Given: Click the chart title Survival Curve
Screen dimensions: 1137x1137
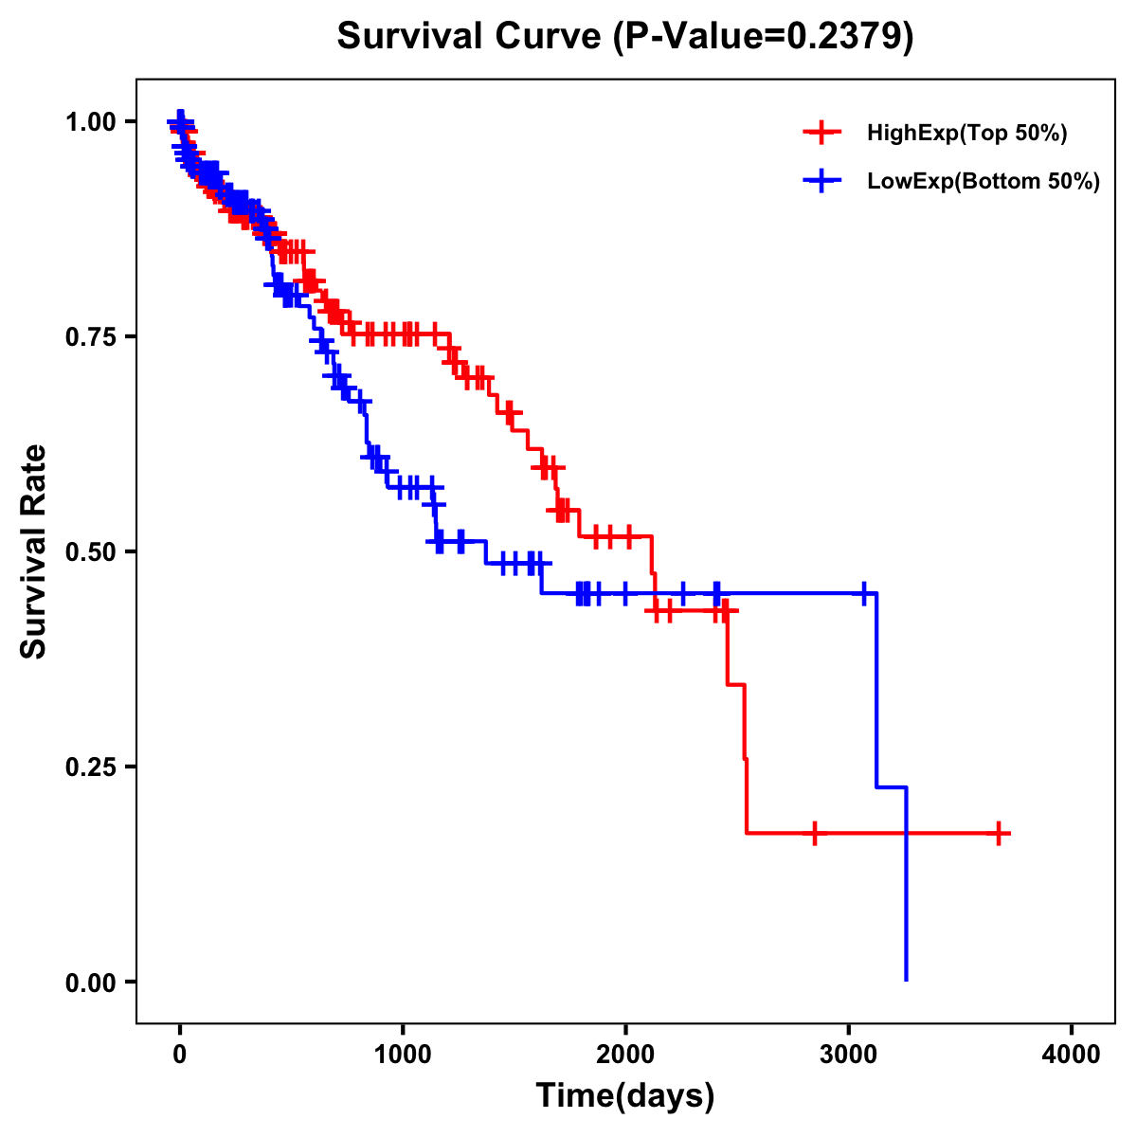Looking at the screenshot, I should pyautogui.click(x=469, y=37).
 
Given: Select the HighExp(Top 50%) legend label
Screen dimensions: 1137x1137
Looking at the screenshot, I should pyautogui.click(x=966, y=134).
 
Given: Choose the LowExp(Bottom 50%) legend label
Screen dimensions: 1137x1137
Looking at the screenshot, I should pyautogui.click(x=984, y=182).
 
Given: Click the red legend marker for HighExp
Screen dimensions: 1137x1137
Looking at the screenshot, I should pyautogui.click(x=821, y=134).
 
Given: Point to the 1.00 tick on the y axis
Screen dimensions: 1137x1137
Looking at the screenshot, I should pyautogui.click(x=90, y=122).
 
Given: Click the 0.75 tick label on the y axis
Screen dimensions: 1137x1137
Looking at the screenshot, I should pyautogui.click(x=90, y=337).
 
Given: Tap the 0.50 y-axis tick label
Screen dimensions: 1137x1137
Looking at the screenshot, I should pyautogui.click(x=90, y=552).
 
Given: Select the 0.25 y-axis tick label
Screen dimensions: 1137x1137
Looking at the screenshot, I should pyautogui.click(x=90, y=767).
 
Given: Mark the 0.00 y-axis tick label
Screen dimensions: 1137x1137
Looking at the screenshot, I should pyautogui.click(x=90, y=983).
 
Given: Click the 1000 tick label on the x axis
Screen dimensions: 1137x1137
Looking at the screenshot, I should pyautogui.click(x=403, y=1055).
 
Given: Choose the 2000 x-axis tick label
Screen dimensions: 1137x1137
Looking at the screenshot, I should pyautogui.click(x=625, y=1055).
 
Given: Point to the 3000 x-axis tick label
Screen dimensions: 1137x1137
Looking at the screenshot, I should pyautogui.click(x=849, y=1055).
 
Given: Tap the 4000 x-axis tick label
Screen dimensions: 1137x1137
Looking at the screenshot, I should pyautogui.click(x=1072, y=1055).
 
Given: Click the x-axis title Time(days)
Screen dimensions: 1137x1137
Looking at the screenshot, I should pyautogui.click(x=625, y=1096).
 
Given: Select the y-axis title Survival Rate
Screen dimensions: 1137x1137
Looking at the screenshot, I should pyautogui.click(x=34, y=551).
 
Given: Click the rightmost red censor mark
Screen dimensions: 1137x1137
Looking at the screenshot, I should pyautogui.click(x=999, y=834).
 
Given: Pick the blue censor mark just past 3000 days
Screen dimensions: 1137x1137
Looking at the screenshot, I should pyautogui.click(x=864, y=594).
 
